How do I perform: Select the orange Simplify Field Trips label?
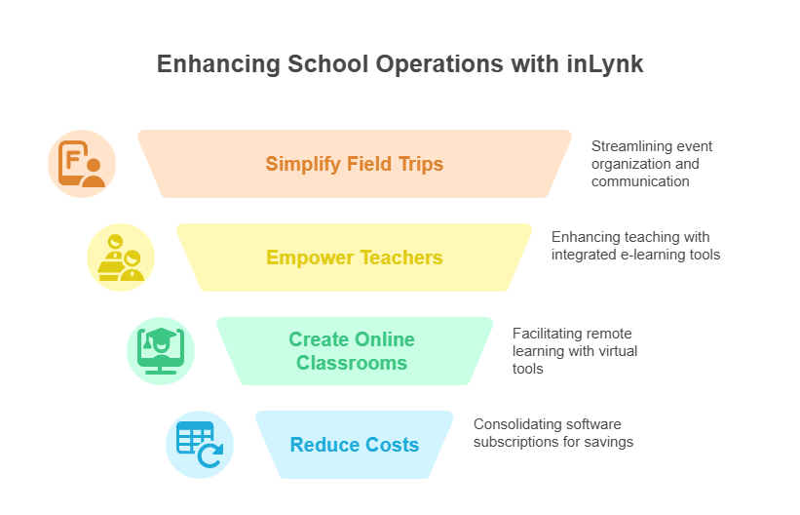(x=355, y=164)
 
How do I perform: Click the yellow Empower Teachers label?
(x=355, y=257)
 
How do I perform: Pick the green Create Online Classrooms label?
(x=352, y=351)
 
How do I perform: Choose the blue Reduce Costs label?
(x=355, y=445)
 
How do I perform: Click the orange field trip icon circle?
(x=82, y=164)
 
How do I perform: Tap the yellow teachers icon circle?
(x=121, y=257)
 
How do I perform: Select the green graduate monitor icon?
(x=161, y=351)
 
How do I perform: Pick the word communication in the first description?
(x=640, y=181)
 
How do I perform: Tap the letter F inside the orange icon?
(x=72, y=159)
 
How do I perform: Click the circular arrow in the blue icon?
(x=210, y=456)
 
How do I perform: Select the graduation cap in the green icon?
(x=160, y=337)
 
